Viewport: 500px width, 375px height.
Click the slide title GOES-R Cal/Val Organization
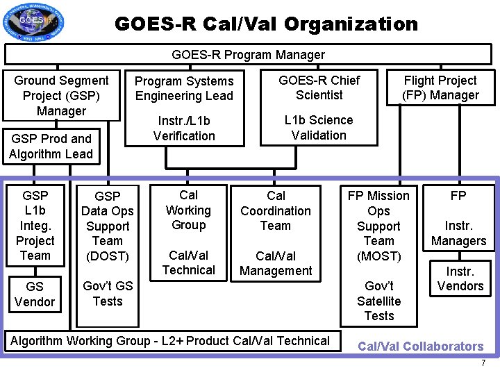click(266, 24)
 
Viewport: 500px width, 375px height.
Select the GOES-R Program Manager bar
click(248, 54)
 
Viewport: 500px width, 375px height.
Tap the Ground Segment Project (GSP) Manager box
click(62, 95)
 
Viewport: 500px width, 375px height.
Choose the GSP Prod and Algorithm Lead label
click(51, 147)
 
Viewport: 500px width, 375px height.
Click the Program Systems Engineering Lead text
click(184, 88)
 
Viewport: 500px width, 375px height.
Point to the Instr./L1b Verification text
click(184, 128)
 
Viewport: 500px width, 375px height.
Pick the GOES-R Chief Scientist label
click(319, 87)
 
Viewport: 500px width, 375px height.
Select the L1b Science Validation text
click(319, 128)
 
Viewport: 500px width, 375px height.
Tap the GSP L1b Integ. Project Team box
click(35, 225)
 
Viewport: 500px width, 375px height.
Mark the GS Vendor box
click(34, 294)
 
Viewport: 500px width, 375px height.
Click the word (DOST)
click(107, 256)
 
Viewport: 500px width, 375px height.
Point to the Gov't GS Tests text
click(108, 294)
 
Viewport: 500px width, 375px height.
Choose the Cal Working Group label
click(188, 210)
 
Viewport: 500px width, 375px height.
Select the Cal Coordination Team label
click(276, 210)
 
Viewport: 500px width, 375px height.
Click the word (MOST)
click(378, 256)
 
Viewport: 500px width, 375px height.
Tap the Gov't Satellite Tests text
click(378, 301)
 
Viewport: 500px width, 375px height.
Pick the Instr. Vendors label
click(460, 278)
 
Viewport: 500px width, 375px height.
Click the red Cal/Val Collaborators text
click(420, 347)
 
